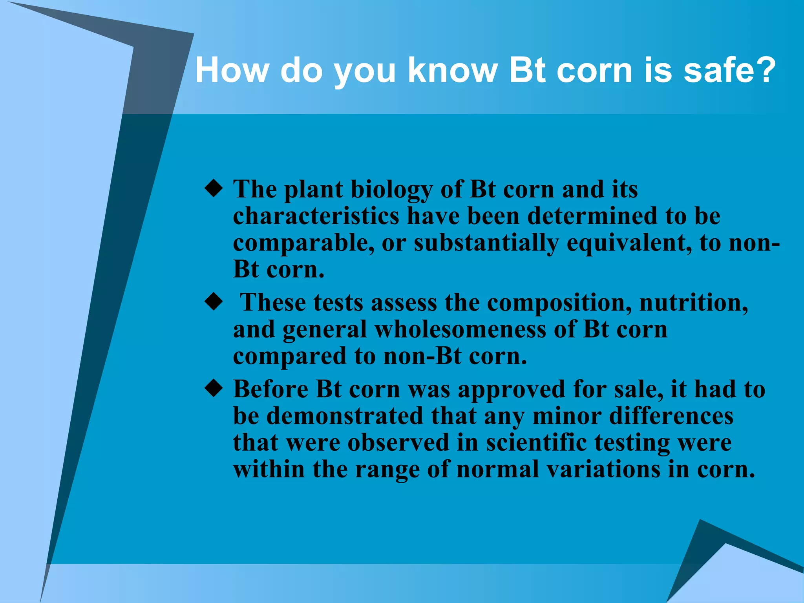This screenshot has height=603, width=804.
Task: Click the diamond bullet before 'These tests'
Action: click(x=214, y=302)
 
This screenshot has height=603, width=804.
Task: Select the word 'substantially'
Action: click(x=486, y=243)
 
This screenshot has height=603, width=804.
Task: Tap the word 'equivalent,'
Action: click(x=629, y=243)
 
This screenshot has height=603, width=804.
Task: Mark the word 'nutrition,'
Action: click(x=694, y=303)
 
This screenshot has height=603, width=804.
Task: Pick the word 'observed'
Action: click(x=398, y=443)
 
